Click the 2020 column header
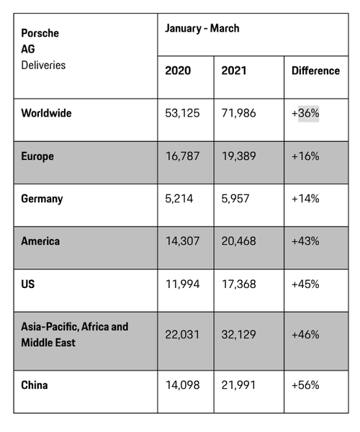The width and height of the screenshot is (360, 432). pyautogui.click(x=178, y=71)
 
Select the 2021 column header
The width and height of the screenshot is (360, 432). pyautogui.click(x=234, y=71)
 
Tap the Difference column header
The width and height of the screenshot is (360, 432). pyautogui.click(x=315, y=71)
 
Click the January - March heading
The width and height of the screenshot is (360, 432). pyautogui.click(x=202, y=28)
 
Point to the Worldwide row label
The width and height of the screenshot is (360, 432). pyautogui.click(x=46, y=113)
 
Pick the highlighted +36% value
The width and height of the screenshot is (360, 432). pyautogui.click(x=305, y=113)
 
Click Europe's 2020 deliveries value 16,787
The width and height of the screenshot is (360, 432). pyautogui.click(x=182, y=156)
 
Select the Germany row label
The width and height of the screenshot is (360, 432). pyautogui.click(x=42, y=199)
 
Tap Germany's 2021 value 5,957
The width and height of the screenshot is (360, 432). pyautogui.click(x=235, y=199)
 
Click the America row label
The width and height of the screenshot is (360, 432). pyautogui.click(x=40, y=241)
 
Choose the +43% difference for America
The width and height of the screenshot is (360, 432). pyautogui.click(x=305, y=241)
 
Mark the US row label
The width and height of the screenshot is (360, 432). pyautogui.click(x=28, y=284)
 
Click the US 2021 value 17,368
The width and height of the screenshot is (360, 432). pyautogui.click(x=239, y=284)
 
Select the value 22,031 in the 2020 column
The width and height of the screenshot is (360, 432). pyautogui.click(x=182, y=335)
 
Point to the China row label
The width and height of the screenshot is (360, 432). pyautogui.click(x=35, y=385)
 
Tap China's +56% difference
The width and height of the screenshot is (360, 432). pyautogui.click(x=305, y=385)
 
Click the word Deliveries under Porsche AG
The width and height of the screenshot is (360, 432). pyautogui.click(x=43, y=66)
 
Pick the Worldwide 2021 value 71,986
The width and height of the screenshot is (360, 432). pyautogui.click(x=239, y=113)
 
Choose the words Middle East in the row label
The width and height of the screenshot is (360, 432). pyautogui.click(x=48, y=343)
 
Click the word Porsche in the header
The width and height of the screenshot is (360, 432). pyautogui.click(x=40, y=33)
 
